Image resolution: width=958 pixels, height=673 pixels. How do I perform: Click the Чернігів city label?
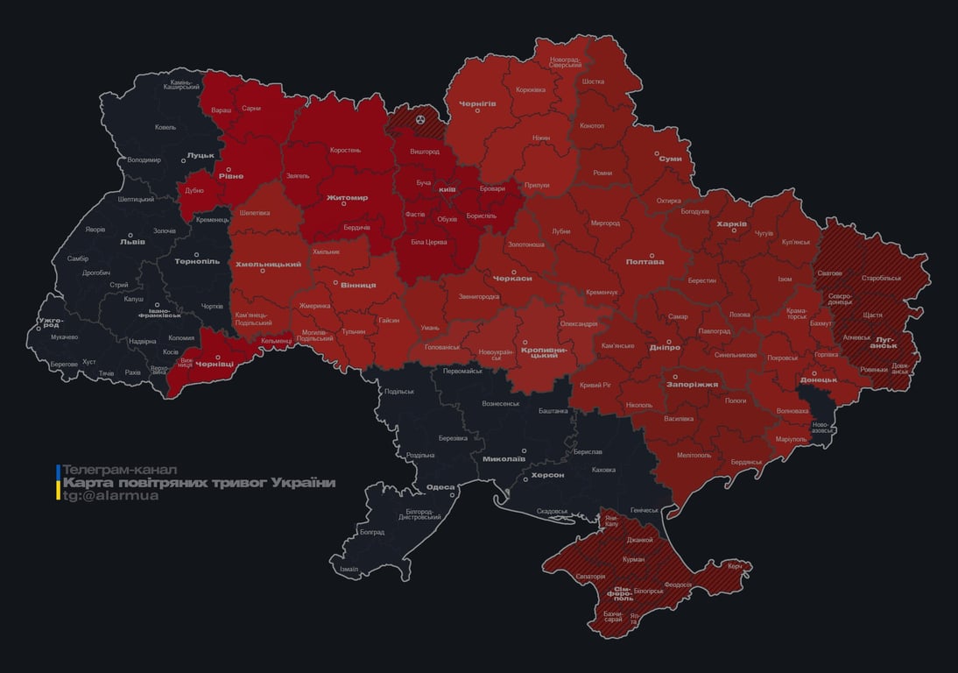[477, 103]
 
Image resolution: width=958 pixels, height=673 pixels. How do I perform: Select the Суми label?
[670, 159]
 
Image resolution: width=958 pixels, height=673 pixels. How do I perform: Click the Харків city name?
[731, 224]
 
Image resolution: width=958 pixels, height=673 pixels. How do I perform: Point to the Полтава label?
[645, 261]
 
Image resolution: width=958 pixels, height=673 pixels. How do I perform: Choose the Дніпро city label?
[665, 348]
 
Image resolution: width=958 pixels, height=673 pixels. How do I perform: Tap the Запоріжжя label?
[692, 384]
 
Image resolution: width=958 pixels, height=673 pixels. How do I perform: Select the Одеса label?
[440, 487]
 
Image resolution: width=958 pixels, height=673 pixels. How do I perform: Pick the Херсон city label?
[547, 475]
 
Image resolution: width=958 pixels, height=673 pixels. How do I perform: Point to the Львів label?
[133, 243]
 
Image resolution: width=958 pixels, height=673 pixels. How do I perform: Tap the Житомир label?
[347, 198]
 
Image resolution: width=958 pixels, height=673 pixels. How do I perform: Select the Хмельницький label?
[268, 264]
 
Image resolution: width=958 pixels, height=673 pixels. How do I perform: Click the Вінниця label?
[358, 285]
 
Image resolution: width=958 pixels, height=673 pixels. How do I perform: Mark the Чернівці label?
[214, 363]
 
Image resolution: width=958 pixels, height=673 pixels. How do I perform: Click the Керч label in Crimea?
[734, 566]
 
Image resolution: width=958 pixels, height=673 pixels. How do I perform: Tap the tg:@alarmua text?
[110, 496]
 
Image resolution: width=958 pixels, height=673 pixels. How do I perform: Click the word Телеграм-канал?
[119, 470]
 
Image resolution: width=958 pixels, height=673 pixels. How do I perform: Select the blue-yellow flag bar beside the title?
[58, 482]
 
